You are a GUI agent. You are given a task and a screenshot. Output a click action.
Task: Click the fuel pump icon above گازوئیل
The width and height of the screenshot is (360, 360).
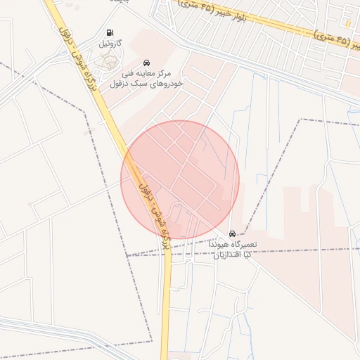(x=109, y=32)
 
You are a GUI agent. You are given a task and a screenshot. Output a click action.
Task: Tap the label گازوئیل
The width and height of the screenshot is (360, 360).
(x=110, y=44)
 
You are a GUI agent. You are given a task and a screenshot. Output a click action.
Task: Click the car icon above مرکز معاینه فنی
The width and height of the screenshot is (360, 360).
(x=146, y=62)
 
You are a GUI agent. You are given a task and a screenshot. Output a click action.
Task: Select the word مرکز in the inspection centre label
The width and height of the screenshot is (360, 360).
(x=165, y=73)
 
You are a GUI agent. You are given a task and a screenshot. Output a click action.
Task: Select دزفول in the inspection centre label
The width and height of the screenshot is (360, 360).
(x=122, y=83)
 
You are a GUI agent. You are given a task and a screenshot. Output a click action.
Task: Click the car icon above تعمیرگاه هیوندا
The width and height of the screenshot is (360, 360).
(x=232, y=233)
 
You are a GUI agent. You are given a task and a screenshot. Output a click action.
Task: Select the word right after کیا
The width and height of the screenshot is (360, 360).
(x=226, y=255)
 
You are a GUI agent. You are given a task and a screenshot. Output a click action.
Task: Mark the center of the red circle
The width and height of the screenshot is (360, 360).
(x=180, y=180)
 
